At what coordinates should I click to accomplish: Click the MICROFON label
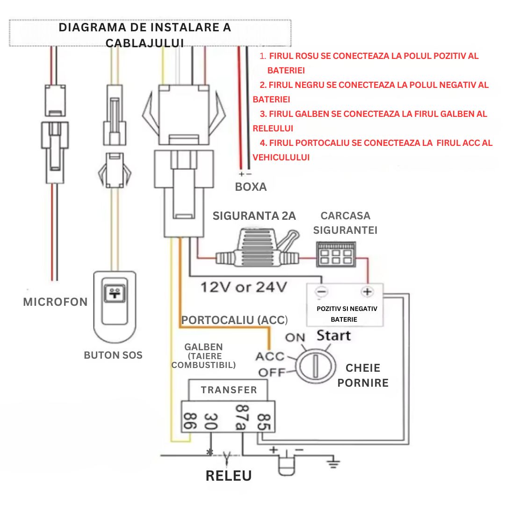[x=55, y=302]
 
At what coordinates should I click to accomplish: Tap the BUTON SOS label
[x=113, y=355]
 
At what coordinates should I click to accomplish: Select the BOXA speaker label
[x=251, y=187]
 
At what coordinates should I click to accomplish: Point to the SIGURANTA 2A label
[x=254, y=216]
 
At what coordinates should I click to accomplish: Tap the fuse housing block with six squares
[x=334, y=255]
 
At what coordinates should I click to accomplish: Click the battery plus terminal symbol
[x=368, y=292]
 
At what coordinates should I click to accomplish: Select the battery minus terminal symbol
[x=321, y=292]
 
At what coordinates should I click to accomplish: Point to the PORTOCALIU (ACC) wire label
[x=234, y=320]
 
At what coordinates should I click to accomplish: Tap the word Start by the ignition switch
[x=334, y=335]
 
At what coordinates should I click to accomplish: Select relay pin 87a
[x=241, y=418]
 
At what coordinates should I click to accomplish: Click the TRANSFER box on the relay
[x=229, y=390]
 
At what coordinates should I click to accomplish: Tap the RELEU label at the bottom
[x=229, y=476]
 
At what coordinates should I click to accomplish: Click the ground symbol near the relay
[x=332, y=464]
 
